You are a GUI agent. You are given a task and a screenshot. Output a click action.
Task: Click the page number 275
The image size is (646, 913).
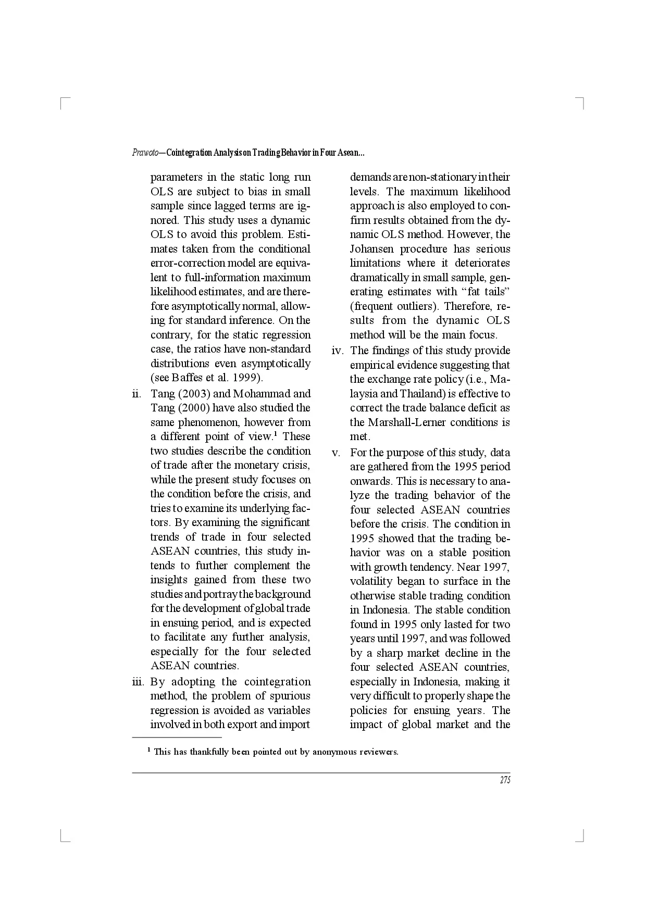[x=505, y=780]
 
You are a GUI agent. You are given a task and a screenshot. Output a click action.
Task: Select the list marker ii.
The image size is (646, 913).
[x=137, y=394]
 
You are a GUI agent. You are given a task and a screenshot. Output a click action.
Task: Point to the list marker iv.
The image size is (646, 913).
[x=338, y=351]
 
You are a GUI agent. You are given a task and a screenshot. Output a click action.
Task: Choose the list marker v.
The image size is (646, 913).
[x=337, y=453]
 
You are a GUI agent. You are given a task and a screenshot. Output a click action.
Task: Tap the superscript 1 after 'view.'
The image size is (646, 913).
[x=275, y=434]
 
